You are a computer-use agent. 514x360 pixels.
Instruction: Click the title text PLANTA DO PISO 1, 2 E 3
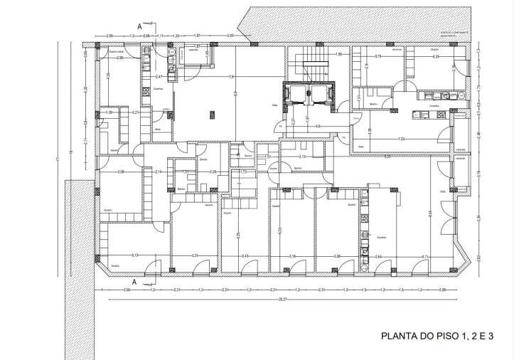437,335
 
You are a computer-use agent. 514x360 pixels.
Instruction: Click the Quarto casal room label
117,52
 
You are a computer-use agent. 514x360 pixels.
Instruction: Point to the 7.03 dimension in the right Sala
401,139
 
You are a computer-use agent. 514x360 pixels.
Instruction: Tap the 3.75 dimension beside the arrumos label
378,55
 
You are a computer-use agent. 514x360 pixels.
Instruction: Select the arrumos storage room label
399,50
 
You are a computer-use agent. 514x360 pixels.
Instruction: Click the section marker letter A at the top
139,26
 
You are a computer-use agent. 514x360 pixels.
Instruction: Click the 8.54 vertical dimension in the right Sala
429,213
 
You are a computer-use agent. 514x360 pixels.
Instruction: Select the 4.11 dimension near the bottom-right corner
424,256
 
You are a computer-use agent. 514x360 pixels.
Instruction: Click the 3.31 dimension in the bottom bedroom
194,255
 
